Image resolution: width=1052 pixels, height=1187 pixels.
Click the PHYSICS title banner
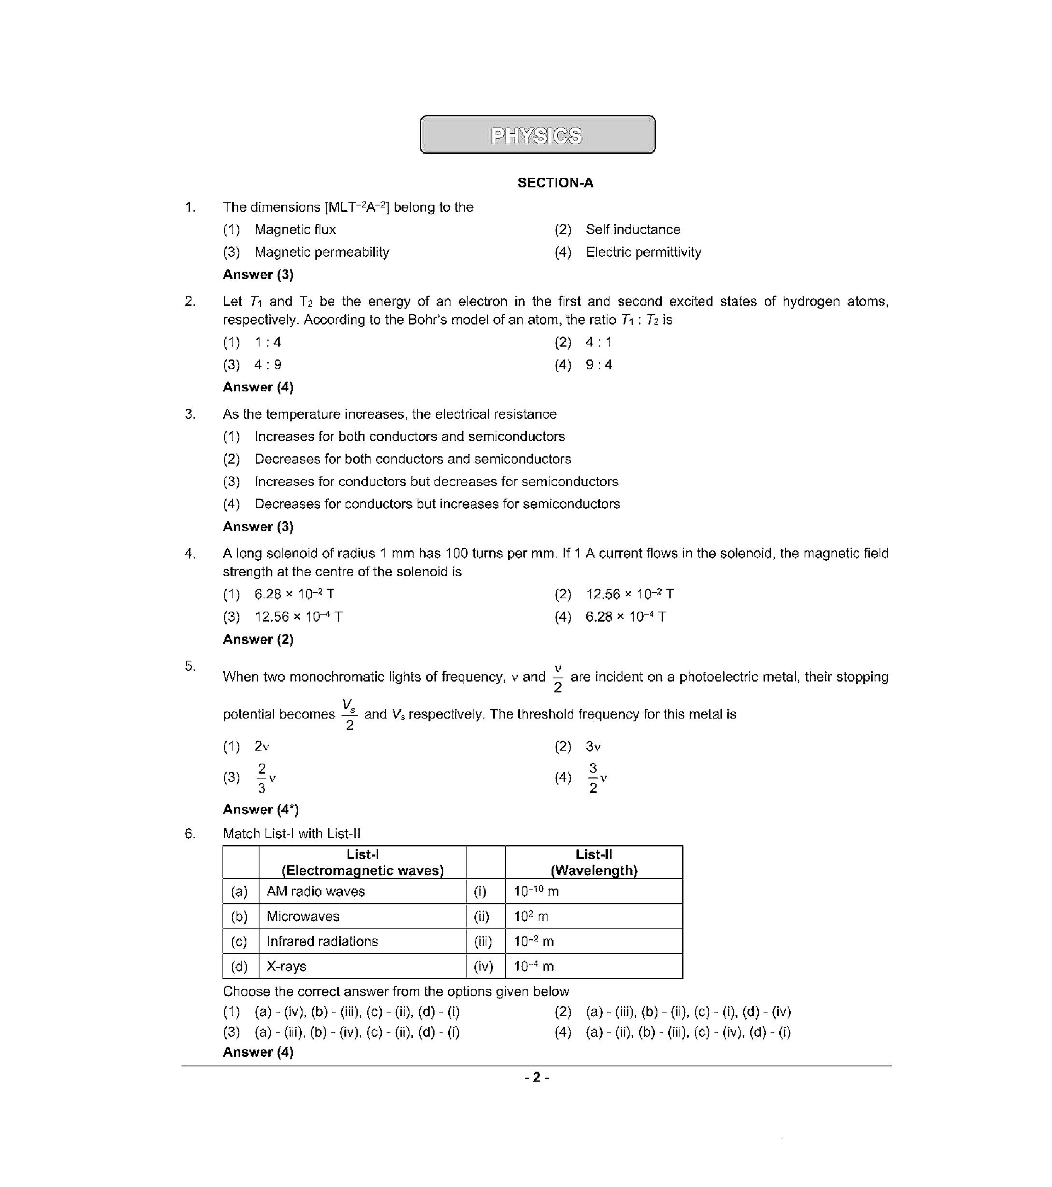pos(537,135)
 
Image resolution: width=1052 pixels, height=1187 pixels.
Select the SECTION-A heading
pos(555,183)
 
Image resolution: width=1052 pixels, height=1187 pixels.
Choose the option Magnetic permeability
pos(321,252)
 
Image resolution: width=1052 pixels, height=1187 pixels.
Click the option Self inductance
pos(632,229)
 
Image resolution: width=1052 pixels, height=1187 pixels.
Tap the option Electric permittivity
pos(642,252)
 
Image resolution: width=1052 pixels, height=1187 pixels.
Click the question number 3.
pos(190,414)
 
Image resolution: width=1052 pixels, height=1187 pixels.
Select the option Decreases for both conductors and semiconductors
pos(412,459)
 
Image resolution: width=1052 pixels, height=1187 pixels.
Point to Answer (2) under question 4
pos(258,639)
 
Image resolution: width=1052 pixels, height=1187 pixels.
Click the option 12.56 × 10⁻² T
pos(629,594)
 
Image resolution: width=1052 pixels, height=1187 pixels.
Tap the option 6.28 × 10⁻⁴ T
pos(625,617)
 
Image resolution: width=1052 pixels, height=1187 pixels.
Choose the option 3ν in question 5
pos(593,746)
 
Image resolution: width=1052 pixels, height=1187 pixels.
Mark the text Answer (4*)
pos(260,809)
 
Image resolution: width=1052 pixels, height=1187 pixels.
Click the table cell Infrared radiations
pos(322,941)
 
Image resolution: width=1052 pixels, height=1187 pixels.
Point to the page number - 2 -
pos(536,1078)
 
